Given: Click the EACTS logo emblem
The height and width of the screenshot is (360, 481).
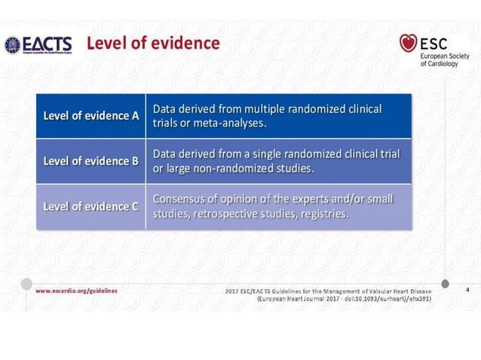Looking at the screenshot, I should [x=13, y=44].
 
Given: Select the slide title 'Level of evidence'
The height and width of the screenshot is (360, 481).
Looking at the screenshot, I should [x=153, y=43].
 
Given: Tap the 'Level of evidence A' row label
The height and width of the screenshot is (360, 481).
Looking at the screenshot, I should [x=91, y=116].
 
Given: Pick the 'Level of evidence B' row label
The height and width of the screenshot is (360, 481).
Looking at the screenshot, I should [x=91, y=160].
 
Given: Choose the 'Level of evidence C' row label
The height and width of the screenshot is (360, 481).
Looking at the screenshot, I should [x=91, y=205].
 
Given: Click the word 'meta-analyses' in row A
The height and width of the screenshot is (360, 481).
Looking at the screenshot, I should [x=227, y=124].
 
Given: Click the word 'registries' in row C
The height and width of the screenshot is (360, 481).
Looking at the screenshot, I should [x=322, y=213].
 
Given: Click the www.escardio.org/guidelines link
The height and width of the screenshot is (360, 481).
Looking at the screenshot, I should [x=76, y=290].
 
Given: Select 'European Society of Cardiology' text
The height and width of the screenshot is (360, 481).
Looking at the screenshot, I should [x=443, y=58].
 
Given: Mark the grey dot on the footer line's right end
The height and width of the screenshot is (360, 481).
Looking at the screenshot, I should [x=445, y=283].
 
